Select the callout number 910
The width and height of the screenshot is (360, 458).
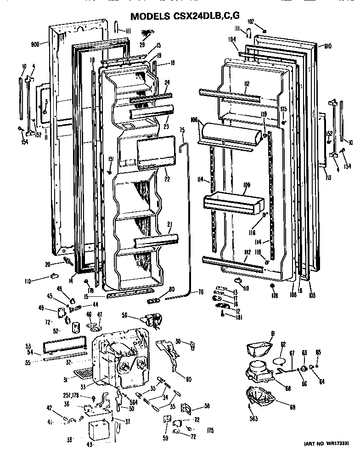[x=327, y=46]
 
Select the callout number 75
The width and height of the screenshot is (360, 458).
[x=182, y=130]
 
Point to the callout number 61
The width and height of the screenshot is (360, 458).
[x=272, y=333]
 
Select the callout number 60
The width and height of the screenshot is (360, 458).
[x=188, y=379]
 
